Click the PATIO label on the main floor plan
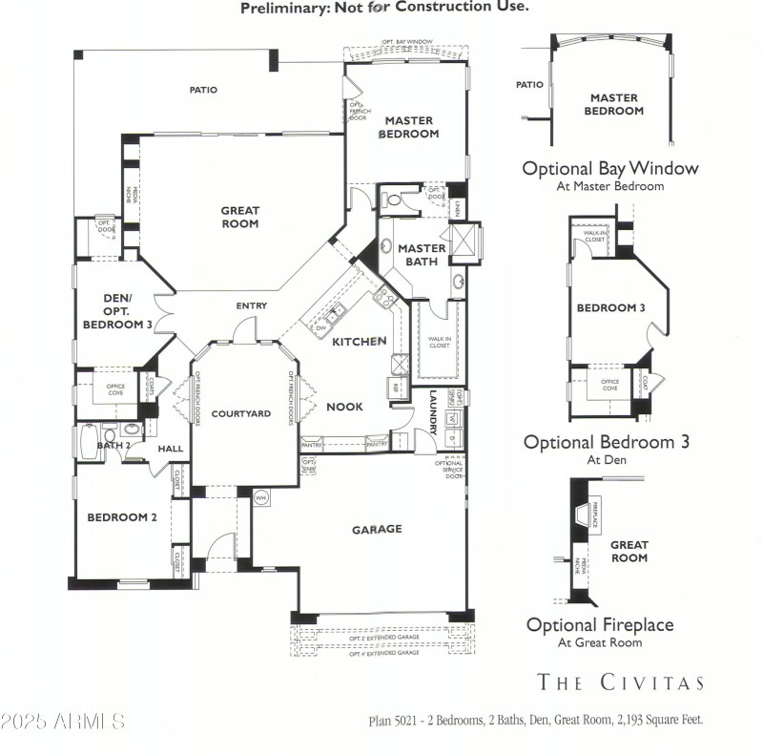203,90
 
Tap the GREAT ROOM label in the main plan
240,217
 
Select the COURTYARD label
241,413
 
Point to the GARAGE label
377,529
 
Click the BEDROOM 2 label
122,517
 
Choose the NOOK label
344,407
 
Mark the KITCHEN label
359,341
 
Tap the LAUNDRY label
433,408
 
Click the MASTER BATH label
423,255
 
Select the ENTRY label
252,305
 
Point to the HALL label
171,449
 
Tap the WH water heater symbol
260,496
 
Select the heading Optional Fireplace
600,625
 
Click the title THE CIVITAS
621,682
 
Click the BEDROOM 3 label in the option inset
610,307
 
